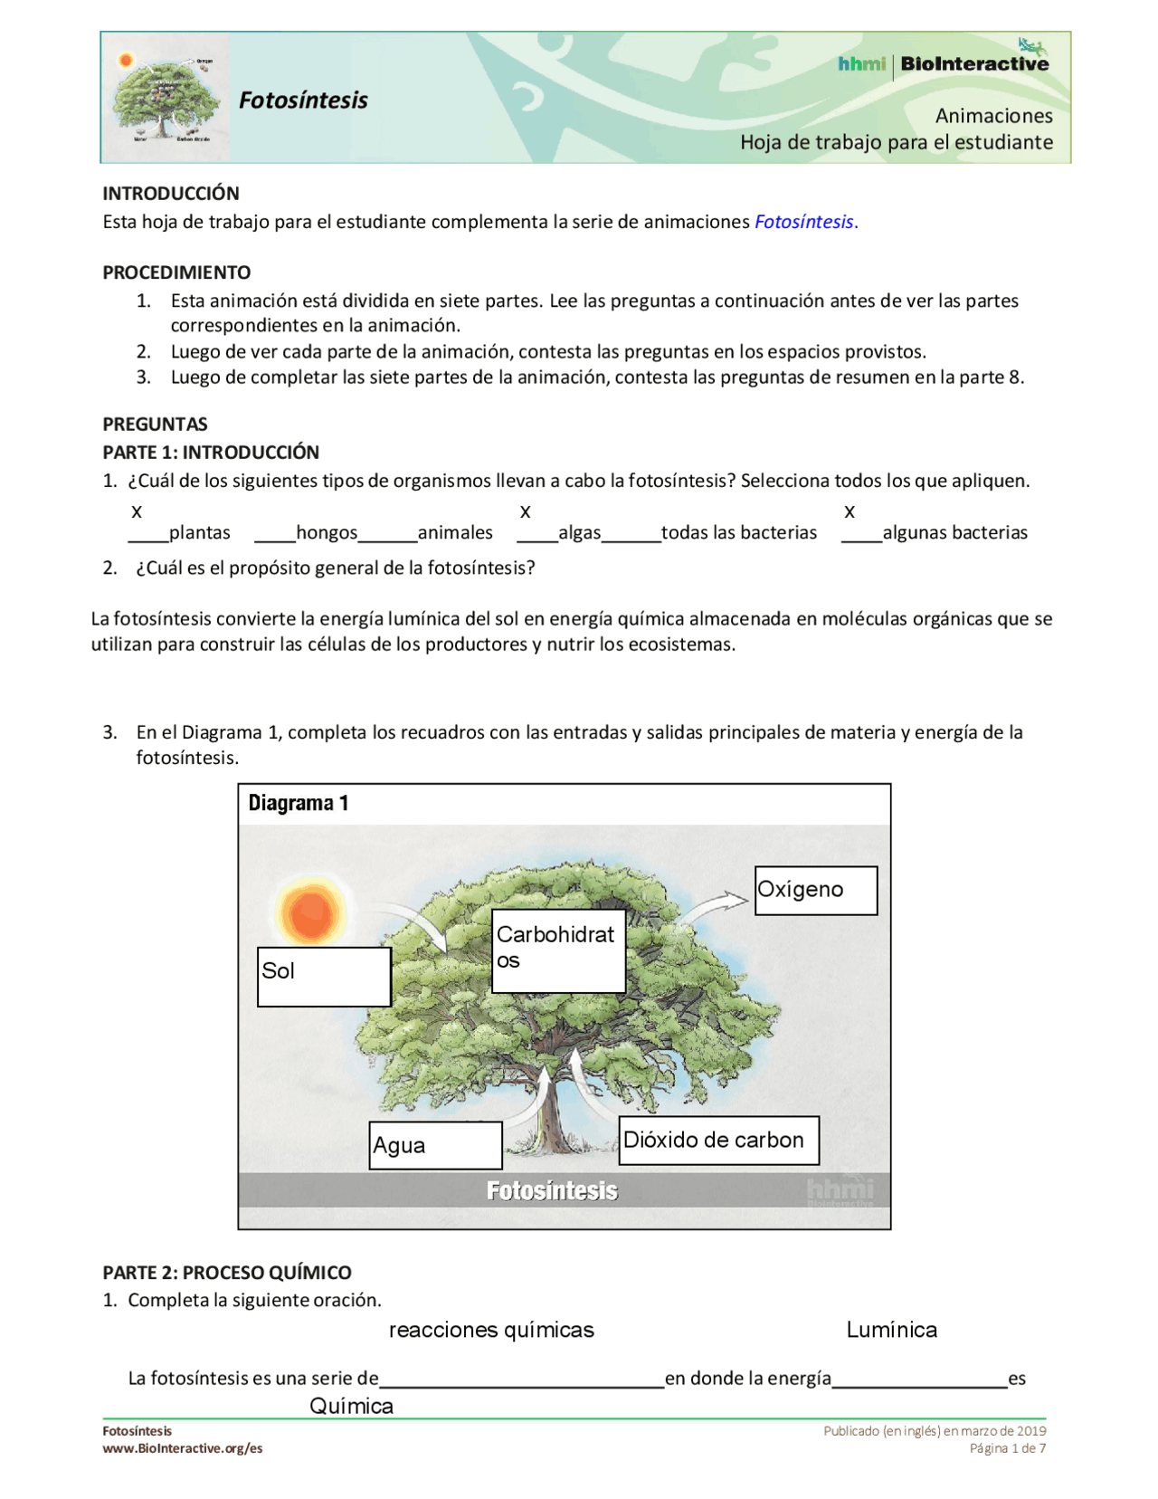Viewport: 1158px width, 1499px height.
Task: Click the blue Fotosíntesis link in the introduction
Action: tap(803, 222)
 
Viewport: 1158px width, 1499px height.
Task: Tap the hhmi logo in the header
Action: tap(860, 63)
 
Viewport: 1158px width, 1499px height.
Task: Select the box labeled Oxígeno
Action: tap(815, 890)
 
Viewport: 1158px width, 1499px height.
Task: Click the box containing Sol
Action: tap(323, 976)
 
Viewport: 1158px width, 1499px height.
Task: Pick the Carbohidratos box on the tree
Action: tap(557, 950)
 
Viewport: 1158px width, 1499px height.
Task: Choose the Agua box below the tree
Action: tap(434, 1145)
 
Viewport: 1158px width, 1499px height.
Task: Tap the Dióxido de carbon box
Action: tap(718, 1140)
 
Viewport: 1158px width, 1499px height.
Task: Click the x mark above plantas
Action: tap(137, 511)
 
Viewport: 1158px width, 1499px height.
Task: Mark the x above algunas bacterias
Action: tap(849, 511)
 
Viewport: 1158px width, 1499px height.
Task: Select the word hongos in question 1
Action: tap(327, 532)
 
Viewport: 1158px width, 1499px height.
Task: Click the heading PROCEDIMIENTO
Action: tap(176, 272)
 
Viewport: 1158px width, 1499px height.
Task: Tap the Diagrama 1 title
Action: tap(298, 803)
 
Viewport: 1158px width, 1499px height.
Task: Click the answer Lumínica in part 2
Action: tap(891, 1329)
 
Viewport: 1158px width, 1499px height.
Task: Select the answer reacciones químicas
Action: tap(491, 1329)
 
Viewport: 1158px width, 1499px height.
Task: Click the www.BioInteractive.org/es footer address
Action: tap(182, 1447)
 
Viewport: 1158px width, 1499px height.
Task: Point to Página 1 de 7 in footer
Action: tap(1007, 1447)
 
